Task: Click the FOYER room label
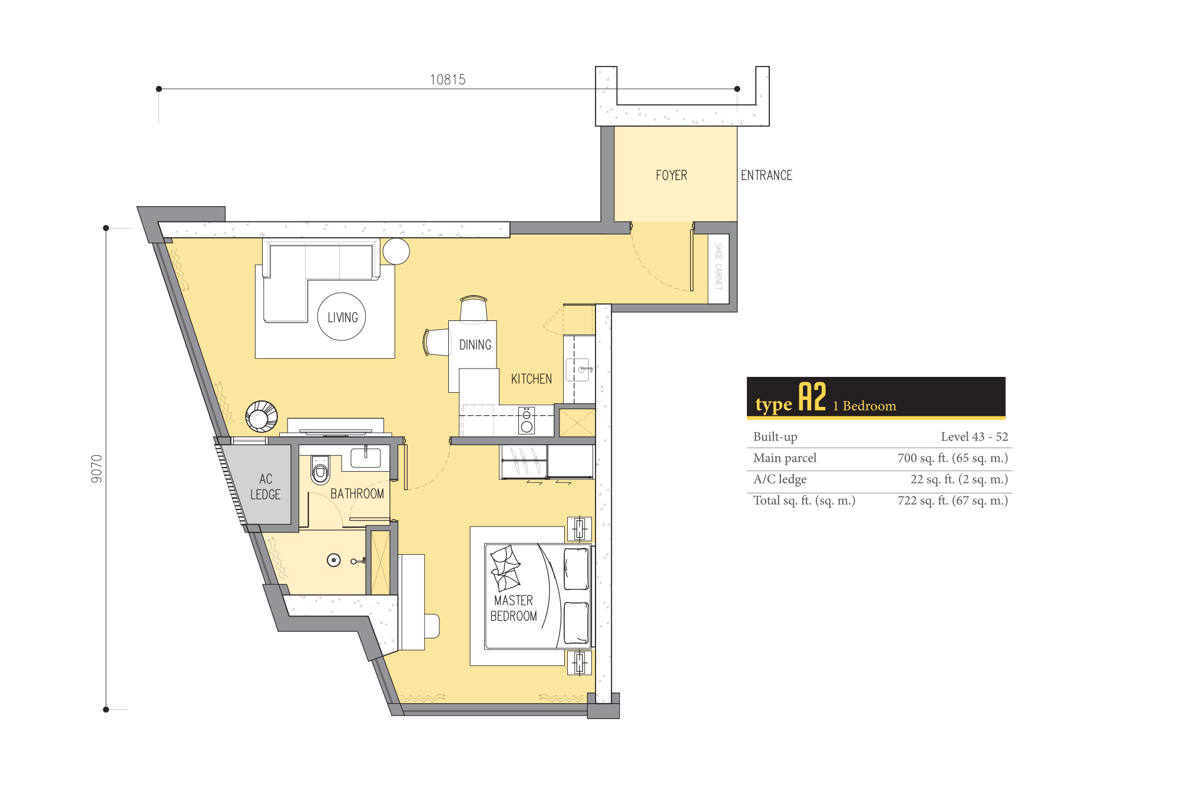pyautogui.click(x=671, y=175)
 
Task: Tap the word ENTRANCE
pyautogui.click(x=766, y=175)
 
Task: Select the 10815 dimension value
pyautogui.click(x=448, y=80)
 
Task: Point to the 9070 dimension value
pyautogui.click(x=97, y=469)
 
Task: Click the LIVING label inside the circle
pyautogui.click(x=343, y=317)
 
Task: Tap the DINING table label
pyautogui.click(x=475, y=345)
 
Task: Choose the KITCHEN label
pyautogui.click(x=531, y=379)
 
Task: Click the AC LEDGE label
pyautogui.click(x=266, y=486)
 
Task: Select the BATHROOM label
pyautogui.click(x=357, y=493)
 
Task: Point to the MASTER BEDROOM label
pyautogui.click(x=514, y=608)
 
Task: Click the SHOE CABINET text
pyautogui.click(x=719, y=266)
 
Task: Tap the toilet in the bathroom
pyautogui.click(x=320, y=469)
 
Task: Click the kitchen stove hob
pyautogui.click(x=527, y=420)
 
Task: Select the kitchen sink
pyautogui.click(x=577, y=370)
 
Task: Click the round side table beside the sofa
pyautogui.click(x=396, y=251)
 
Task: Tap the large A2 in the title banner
pyautogui.click(x=812, y=397)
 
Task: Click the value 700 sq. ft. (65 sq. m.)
pyautogui.click(x=952, y=458)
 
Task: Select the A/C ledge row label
pyautogui.click(x=780, y=479)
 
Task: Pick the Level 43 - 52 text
pyautogui.click(x=974, y=436)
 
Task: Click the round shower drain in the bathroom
pyautogui.click(x=334, y=560)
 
